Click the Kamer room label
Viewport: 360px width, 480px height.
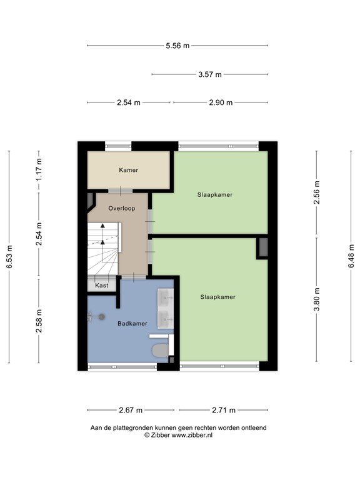(x=128, y=169)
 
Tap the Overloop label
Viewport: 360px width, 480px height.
(x=121, y=207)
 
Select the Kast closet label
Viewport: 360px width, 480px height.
(x=101, y=285)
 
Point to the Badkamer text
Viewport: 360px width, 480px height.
(x=132, y=323)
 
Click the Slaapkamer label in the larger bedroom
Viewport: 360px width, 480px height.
(x=218, y=297)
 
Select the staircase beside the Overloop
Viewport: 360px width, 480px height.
(x=102, y=249)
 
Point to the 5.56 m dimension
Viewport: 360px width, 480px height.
(x=177, y=46)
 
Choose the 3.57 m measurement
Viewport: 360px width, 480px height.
(x=210, y=74)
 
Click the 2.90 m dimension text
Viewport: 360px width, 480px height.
(x=221, y=102)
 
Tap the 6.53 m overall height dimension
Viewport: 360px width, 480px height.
(x=9, y=256)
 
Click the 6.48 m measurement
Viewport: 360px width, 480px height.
(x=351, y=256)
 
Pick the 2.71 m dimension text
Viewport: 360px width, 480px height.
(x=224, y=410)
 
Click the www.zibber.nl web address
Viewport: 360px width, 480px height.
(x=192, y=434)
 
